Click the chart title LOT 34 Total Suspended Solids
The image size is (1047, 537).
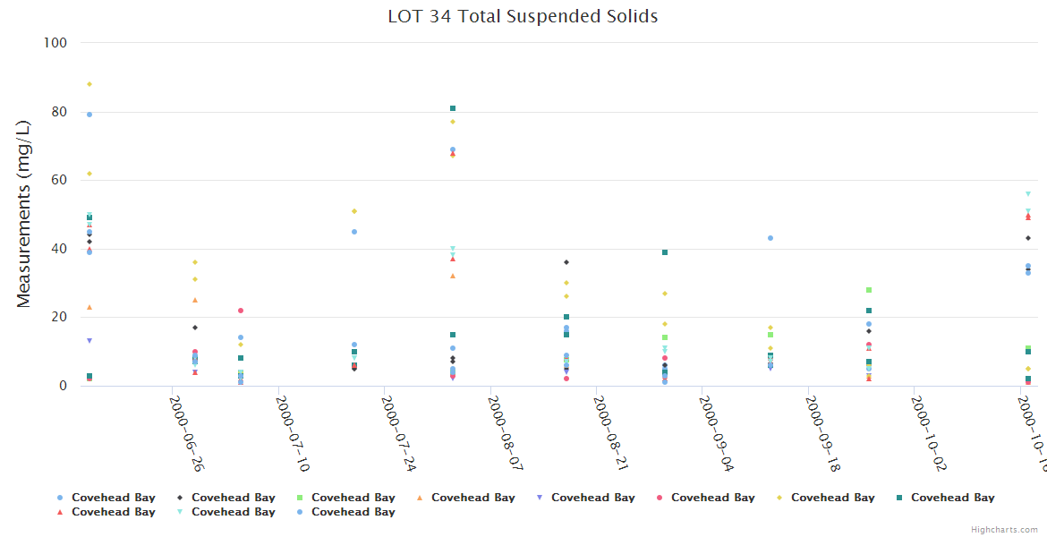(523, 16)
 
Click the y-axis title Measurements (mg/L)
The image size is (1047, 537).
(24, 214)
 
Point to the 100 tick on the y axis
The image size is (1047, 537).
(55, 43)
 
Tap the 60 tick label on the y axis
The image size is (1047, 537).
(59, 180)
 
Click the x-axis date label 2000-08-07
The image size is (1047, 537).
(505, 435)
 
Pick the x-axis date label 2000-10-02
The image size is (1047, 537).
(929, 435)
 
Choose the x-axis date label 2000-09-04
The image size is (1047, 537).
(717, 435)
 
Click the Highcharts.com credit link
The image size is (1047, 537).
(1005, 530)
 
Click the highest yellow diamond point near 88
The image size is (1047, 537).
(89, 84)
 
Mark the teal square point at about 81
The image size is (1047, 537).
(453, 108)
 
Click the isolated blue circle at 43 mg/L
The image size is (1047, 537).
(770, 238)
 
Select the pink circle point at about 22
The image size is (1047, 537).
(241, 311)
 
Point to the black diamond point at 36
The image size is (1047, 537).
(566, 262)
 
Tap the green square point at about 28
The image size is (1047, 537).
(869, 290)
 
